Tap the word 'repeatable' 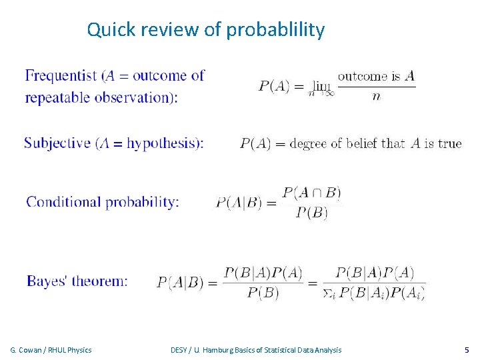coord(58,97)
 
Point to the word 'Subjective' coord(57,143)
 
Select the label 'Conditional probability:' coord(103,202)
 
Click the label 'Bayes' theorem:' coord(77,281)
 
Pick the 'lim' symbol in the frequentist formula coord(321,86)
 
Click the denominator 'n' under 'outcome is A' coord(376,97)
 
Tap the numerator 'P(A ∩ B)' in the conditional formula coord(311,193)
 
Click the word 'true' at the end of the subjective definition coord(449,143)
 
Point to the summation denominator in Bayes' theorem coord(374,293)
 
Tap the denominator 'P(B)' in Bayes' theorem coord(263,293)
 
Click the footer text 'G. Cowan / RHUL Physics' coord(51,350)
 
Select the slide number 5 coord(466,350)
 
